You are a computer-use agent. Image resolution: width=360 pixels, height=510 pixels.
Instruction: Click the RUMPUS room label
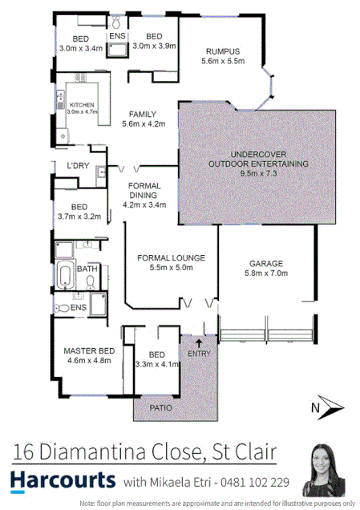(222, 51)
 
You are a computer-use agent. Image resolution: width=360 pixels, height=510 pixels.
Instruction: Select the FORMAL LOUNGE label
(172, 257)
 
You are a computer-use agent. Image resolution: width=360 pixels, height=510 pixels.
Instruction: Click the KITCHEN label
(83, 106)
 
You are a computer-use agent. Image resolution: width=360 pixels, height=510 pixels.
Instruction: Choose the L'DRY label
(78, 165)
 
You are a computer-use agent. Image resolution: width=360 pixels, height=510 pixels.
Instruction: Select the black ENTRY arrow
(199, 343)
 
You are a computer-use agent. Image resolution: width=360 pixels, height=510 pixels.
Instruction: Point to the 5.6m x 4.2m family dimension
(144, 124)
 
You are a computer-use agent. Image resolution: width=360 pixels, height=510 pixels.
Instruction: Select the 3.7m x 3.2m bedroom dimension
(79, 217)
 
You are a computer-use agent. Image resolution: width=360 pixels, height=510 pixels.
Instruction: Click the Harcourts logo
(63, 481)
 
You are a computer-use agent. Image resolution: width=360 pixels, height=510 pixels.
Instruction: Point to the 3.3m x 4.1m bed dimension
(157, 364)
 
